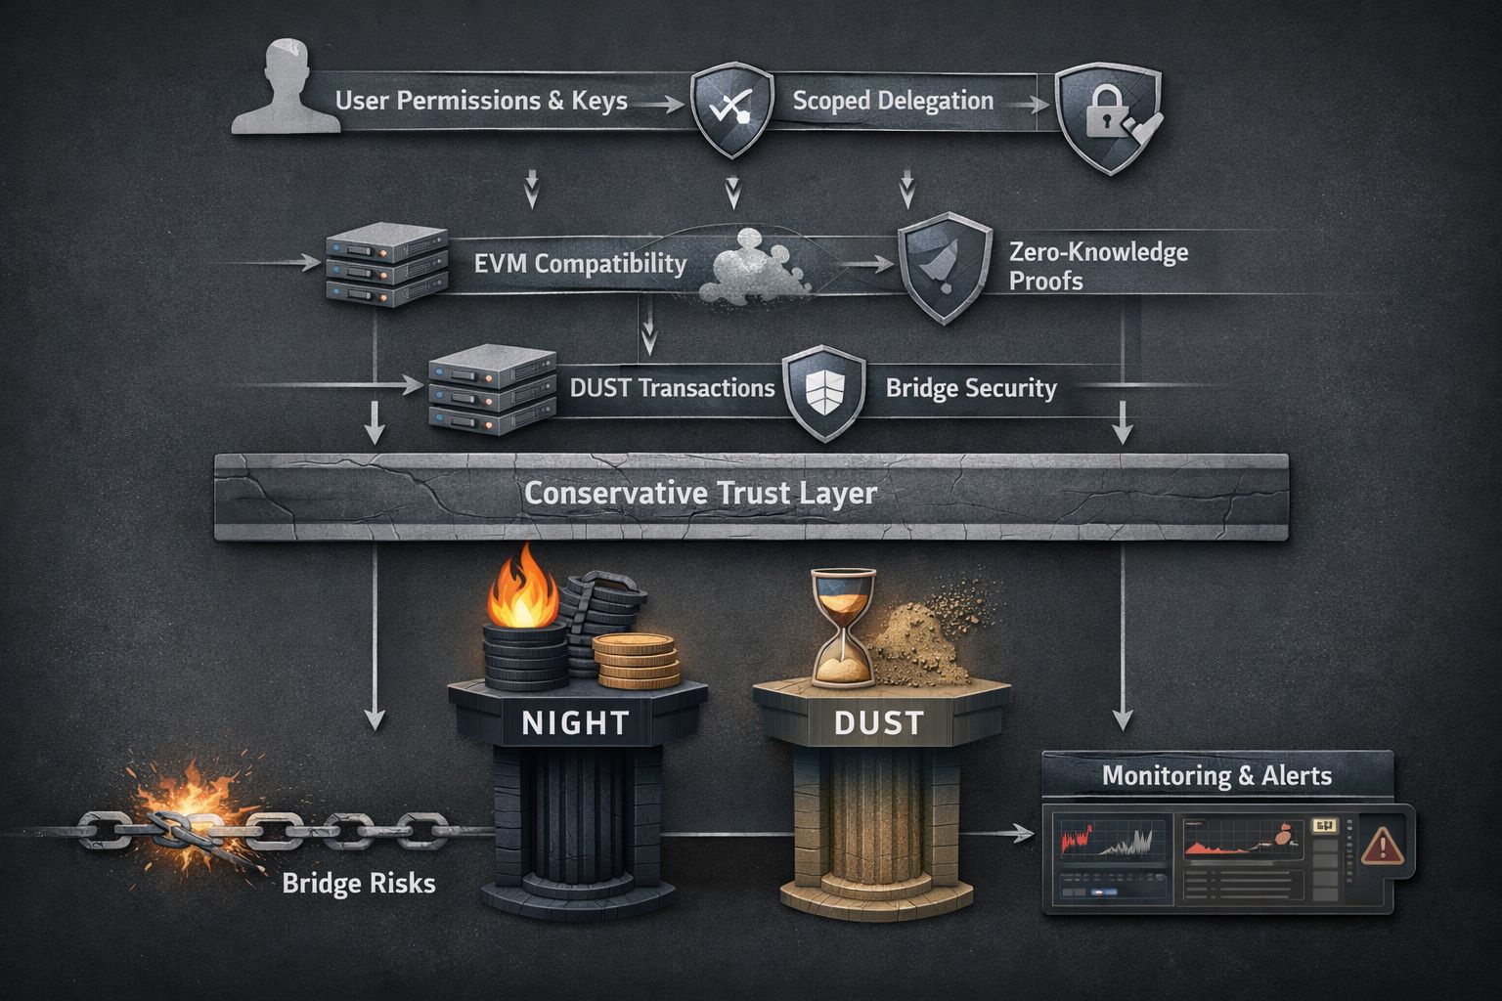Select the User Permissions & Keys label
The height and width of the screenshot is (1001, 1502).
481,101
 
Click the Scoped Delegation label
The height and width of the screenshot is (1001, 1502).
893,101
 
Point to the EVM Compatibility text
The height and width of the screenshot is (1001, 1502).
580,264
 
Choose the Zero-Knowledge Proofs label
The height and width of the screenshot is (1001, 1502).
1097,267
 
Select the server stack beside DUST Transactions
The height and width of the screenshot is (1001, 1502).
492,392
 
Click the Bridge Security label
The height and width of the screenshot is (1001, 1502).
971,388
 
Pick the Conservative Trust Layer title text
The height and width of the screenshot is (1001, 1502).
700,493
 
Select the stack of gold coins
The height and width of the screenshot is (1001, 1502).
636,662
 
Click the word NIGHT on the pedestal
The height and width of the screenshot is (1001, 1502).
575,723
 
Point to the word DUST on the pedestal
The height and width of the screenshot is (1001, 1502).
878,723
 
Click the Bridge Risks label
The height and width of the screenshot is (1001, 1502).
359,884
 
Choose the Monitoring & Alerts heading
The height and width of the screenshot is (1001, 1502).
1216,776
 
